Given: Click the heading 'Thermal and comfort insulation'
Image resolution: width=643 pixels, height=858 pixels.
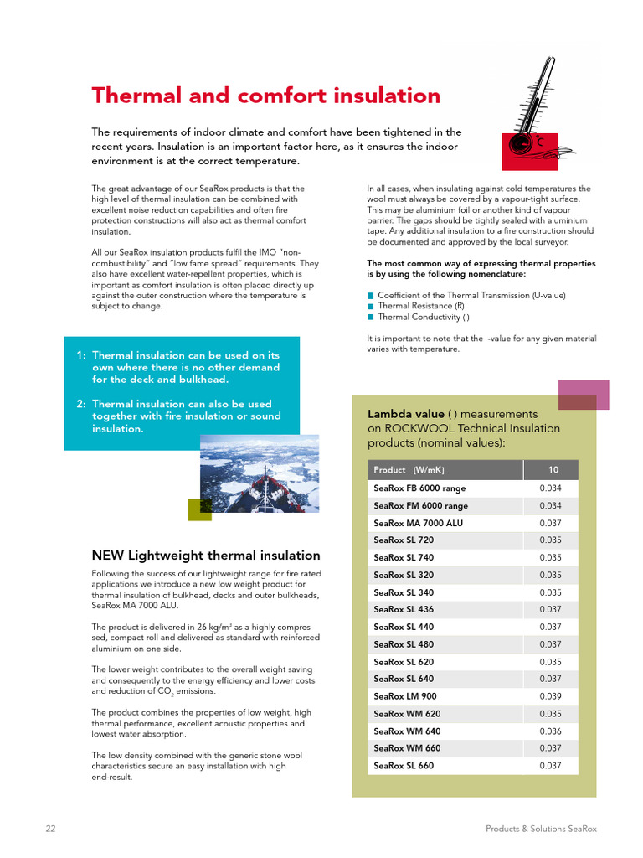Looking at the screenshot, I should pyautogui.click(x=265, y=96).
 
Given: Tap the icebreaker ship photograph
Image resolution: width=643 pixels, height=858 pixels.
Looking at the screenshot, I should pyautogui.click(x=260, y=473).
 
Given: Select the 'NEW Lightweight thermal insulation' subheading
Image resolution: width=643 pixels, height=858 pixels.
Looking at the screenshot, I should pyautogui.click(x=205, y=556).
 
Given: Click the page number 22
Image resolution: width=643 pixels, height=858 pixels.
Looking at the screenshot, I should pyautogui.click(x=50, y=829).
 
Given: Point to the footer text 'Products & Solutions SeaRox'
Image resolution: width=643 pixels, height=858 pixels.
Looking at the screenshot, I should pyautogui.click(x=541, y=829).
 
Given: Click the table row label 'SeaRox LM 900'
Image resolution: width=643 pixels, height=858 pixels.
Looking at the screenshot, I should pyautogui.click(x=405, y=696).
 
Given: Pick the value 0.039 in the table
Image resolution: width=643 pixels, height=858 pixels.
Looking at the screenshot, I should pyautogui.click(x=550, y=696).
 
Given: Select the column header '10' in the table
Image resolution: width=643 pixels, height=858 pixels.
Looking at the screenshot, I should pyautogui.click(x=553, y=470).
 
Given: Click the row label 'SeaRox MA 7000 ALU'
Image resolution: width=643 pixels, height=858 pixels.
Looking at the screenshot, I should pyautogui.click(x=418, y=523).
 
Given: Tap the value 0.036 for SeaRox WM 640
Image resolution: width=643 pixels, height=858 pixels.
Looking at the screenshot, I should pyautogui.click(x=550, y=731).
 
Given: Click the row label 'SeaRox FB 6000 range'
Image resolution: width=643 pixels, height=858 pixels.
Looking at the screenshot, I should pyautogui.click(x=419, y=488).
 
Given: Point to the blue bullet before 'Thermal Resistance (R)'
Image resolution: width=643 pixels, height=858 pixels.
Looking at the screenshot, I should pyautogui.click(x=370, y=307).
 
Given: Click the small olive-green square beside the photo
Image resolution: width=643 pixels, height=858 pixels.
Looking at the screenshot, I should pyautogui.click(x=199, y=509).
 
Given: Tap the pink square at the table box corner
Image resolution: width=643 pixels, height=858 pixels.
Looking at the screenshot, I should pyautogui.click(x=583, y=395).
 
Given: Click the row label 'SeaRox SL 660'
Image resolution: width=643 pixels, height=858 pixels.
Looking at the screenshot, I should pyautogui.click(x=404, y=766).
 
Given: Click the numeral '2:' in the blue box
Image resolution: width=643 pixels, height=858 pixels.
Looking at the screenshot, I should pyautogui.click(x=81, y=404).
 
